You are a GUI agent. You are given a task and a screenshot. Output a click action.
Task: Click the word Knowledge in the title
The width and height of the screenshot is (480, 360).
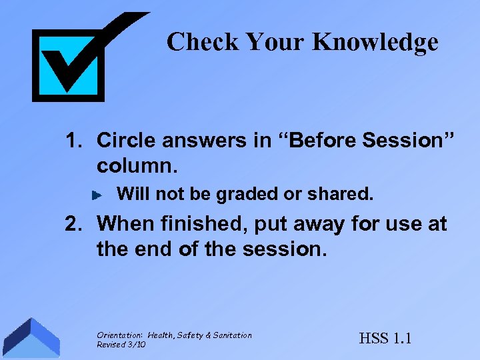click(375, 42)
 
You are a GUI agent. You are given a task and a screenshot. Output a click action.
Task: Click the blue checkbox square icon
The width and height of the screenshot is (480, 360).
click(68, 65)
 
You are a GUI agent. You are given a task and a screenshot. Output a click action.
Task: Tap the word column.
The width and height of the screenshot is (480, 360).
click(133, 164)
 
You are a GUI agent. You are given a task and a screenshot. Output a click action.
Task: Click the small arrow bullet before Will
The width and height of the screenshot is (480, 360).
click(97, 195)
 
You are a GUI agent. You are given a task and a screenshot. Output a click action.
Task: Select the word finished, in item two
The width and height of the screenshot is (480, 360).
click(193, 225)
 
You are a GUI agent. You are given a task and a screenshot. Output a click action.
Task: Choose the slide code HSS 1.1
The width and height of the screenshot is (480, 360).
click(385, 338)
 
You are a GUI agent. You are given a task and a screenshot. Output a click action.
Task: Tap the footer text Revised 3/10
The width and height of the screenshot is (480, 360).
click(121, 344)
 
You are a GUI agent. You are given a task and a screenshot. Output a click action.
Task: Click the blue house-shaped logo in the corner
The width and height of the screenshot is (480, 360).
click(30, 339)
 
